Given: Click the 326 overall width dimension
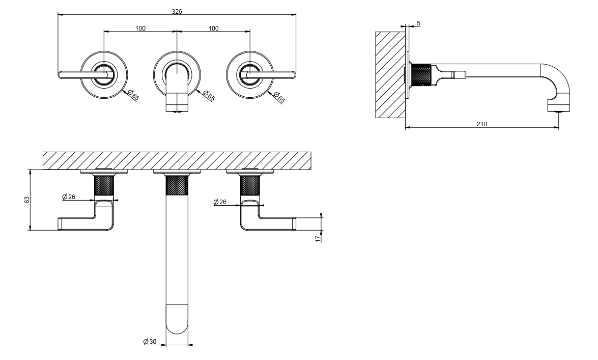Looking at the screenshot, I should pos(177,11).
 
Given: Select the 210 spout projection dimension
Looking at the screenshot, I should pos(482,124).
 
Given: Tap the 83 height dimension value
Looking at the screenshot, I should pos(27,200).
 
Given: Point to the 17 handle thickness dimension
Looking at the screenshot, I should pos(318,238).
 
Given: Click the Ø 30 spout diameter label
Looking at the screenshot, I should pos(150,341).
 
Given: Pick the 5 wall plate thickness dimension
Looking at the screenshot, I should pos(418,23).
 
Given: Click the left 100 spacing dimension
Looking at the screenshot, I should pos(140,28).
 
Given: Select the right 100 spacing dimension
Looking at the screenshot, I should pos(213,28).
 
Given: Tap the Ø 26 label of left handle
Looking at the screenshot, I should pos(69,197).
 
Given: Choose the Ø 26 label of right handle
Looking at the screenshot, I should pos(220,202).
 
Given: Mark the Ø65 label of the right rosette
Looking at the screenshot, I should pos(279,97).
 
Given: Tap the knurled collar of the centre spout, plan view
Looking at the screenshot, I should pos(178,184).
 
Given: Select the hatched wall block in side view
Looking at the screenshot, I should pos(390,75).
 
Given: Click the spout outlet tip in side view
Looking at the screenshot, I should pos(559,108).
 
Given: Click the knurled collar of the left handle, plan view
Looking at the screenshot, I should pos(104,185).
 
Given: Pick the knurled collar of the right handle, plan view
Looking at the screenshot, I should pos(250,185).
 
